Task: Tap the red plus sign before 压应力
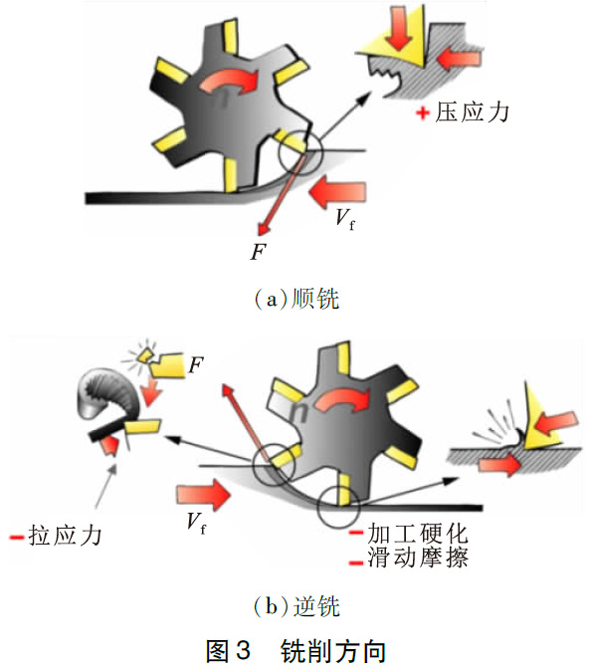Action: pyautogui.click(x=424, y=112)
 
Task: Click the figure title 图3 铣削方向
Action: pyautogui.click(x=295, y=649)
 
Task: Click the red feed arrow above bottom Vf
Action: pyautogui.click(x=204, y=491)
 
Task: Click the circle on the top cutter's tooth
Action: pyautogui.click(x=300, y=156)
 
